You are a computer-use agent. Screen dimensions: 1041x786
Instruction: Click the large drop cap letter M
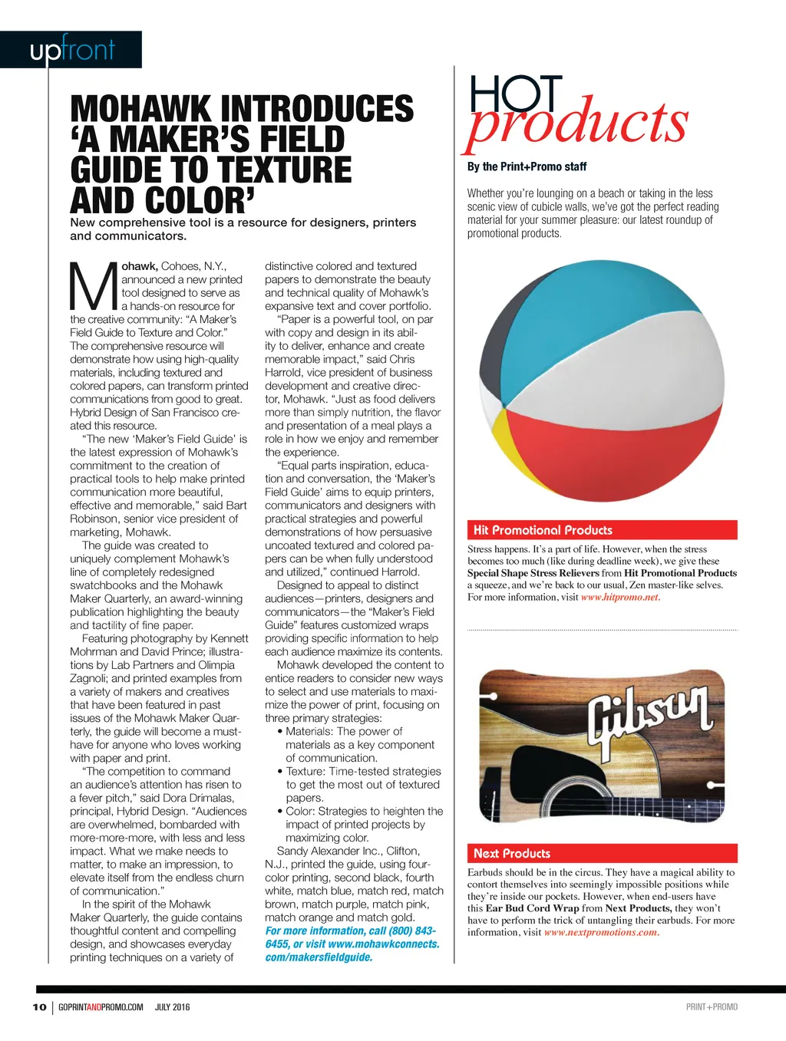94,286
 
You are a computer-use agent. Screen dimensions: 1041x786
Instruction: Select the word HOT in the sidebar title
516,96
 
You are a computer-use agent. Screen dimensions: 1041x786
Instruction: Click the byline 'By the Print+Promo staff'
527,166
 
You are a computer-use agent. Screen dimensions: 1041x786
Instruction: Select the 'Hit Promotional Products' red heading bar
602,530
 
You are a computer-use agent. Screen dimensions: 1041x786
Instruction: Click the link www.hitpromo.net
619,598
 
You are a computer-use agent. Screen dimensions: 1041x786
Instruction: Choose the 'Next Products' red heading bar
602,853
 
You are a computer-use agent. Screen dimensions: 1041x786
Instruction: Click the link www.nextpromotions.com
600,933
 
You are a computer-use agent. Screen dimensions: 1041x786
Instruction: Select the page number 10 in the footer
39,1007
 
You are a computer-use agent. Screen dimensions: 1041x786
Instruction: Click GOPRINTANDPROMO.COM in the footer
101,1007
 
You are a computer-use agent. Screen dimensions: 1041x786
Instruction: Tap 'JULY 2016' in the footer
173,1007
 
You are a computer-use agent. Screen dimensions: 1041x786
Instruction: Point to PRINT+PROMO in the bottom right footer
712,1007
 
